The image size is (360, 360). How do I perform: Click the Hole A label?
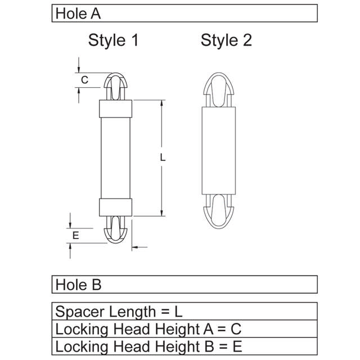[78, 13]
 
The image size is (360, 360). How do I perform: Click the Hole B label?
[78, 285]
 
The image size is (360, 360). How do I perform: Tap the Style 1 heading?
[113, 40]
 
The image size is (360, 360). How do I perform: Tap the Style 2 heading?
[226, 40]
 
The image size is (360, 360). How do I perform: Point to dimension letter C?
[84, 80]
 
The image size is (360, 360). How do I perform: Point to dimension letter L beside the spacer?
[163, 158]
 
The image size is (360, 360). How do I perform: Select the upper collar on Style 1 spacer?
[115, 108]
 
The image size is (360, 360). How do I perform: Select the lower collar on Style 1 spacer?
[115, 207]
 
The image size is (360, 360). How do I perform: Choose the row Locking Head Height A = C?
[148, 329]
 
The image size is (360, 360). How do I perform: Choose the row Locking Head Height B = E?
[148, 346]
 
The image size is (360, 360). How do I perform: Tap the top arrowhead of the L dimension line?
[163, 105]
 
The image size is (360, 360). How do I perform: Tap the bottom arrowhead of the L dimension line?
[163, 211]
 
